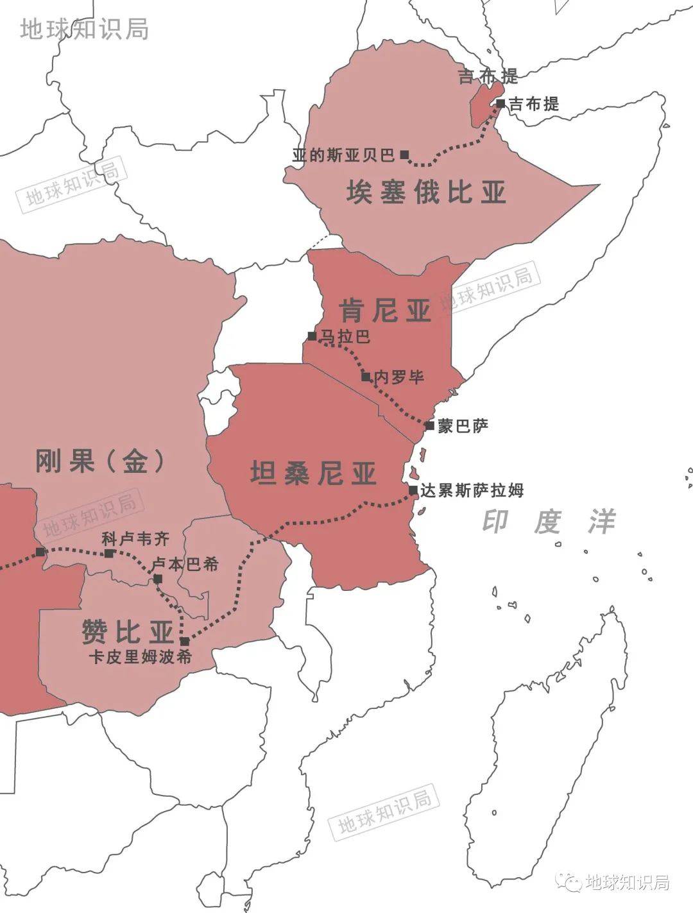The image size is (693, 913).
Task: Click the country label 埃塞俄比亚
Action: pyautogui.click(x=426, y=192)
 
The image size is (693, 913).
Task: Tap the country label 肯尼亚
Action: pyautogui.click(x=385, y=311)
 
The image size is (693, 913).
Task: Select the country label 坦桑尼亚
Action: pyautogui.click(x=313, y=474)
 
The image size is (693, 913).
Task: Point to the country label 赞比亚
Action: pyautogui.click(x=128, y=631)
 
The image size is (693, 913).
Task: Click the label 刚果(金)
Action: pyautogui.click(x=99, y=461)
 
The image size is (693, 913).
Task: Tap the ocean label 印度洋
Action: pyautogui.click(x=549, y=522)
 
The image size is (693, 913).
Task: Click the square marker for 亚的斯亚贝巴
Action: pyautogui.click(x=404, y=155)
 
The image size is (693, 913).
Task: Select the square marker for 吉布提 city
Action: pyautogui.click(x=501, y=103)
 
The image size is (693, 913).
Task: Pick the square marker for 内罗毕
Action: pyautogui.click(x=366, y=377)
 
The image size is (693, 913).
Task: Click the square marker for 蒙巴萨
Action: pyautogui.click(x=429, y=425)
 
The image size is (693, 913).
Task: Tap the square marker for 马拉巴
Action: pyautogui.click(x=312, y=336)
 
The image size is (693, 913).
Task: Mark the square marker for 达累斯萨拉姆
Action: pyautogui.click(x=413, y=491)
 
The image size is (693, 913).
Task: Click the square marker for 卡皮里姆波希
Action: pyautogui.click(x=185, y=641)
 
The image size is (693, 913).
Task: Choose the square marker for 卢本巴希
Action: pyautogui.click(x=158, y=579)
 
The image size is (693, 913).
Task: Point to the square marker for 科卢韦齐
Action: pyautogui.click(x=108, y=553)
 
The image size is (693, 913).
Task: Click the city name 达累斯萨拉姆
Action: pyautogui.click(x=472, y=491)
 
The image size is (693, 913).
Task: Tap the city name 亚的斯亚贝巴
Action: pyautogui.click(x=343, y=155)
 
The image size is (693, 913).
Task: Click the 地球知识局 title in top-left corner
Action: pyautogui.click(x=84, y=28)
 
